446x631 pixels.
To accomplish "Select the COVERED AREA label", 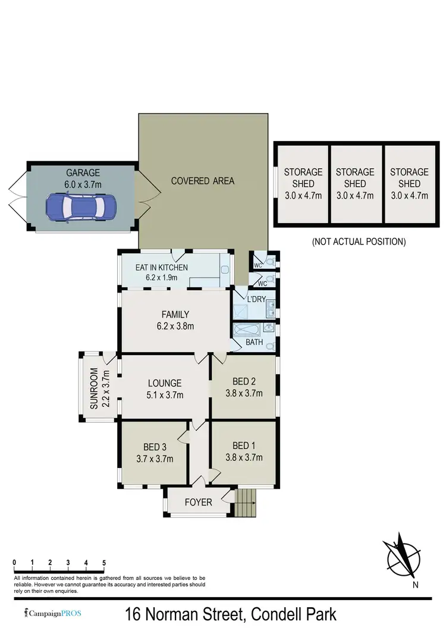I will (x=203, y=181).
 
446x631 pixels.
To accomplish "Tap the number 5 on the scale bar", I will (x=104, y=563).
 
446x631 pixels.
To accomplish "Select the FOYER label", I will (x=198, y=503).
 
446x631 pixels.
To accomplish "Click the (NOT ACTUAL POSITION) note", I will (x=359, y=242).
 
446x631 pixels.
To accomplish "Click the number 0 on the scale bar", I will (x=14, y=563).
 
